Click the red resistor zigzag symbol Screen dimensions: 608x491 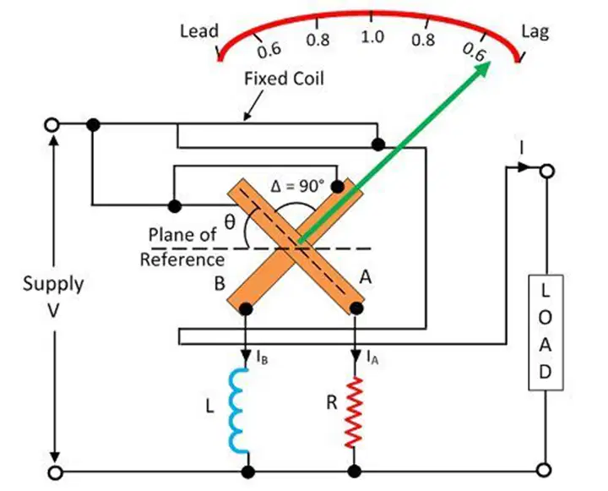click(355, 412)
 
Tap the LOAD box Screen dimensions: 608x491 click(546, 332)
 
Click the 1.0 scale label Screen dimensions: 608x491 click(372, 37)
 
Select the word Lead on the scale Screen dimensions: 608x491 click(199, 31)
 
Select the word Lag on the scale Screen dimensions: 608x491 click(535, 32)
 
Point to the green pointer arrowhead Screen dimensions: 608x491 click(481, 70)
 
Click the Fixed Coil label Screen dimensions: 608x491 click(284, 79)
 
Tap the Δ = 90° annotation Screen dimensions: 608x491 click(296, 186)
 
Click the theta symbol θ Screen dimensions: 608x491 click(230, 222)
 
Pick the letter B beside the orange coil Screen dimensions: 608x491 click(220, 283)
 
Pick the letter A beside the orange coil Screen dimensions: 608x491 click(366, 277)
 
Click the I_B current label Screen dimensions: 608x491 click(262, 357)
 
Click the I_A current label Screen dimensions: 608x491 click(372, 357)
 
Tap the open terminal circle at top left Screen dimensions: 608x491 click(52, 125)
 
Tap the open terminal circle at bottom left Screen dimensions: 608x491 click(55, 472)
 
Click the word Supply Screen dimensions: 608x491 click(53, 285)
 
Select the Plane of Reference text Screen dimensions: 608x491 click(182, 248)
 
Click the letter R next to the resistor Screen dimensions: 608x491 click(332, 403)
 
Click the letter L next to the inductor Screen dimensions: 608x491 click(209, 406)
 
